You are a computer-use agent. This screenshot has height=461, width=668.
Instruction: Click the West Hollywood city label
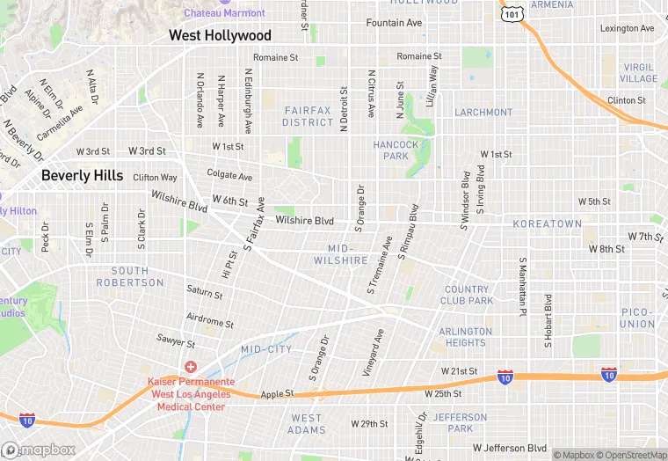[220, 36]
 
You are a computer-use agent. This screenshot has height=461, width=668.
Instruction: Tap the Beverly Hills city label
[83, 176]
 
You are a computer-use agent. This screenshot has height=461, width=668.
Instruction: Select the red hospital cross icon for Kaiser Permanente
[190, 367]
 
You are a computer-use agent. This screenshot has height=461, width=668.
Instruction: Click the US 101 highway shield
[511, 14]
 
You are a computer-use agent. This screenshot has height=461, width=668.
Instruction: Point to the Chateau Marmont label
[224, 13]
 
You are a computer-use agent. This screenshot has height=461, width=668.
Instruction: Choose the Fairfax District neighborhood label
[308, 116]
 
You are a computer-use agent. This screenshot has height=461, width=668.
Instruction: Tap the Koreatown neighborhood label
[547, 224]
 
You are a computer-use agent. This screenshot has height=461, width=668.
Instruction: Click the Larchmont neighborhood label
[483, 113]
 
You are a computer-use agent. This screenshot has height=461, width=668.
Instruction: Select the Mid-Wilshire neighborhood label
[341, 254]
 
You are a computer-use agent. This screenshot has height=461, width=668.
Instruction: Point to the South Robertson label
[137, 276]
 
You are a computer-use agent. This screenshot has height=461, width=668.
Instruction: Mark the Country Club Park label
[468, 295]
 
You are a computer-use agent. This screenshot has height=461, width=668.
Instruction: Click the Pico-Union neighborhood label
[638, 318]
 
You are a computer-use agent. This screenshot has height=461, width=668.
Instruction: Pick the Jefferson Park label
[460, 422]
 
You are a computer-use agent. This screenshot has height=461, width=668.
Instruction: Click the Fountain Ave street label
[395, 23]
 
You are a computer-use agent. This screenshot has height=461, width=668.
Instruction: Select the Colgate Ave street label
[229, 174]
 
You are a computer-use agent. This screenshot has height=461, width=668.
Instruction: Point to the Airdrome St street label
[210, 319]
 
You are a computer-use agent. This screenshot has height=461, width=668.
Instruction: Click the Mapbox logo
[39, 450]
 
